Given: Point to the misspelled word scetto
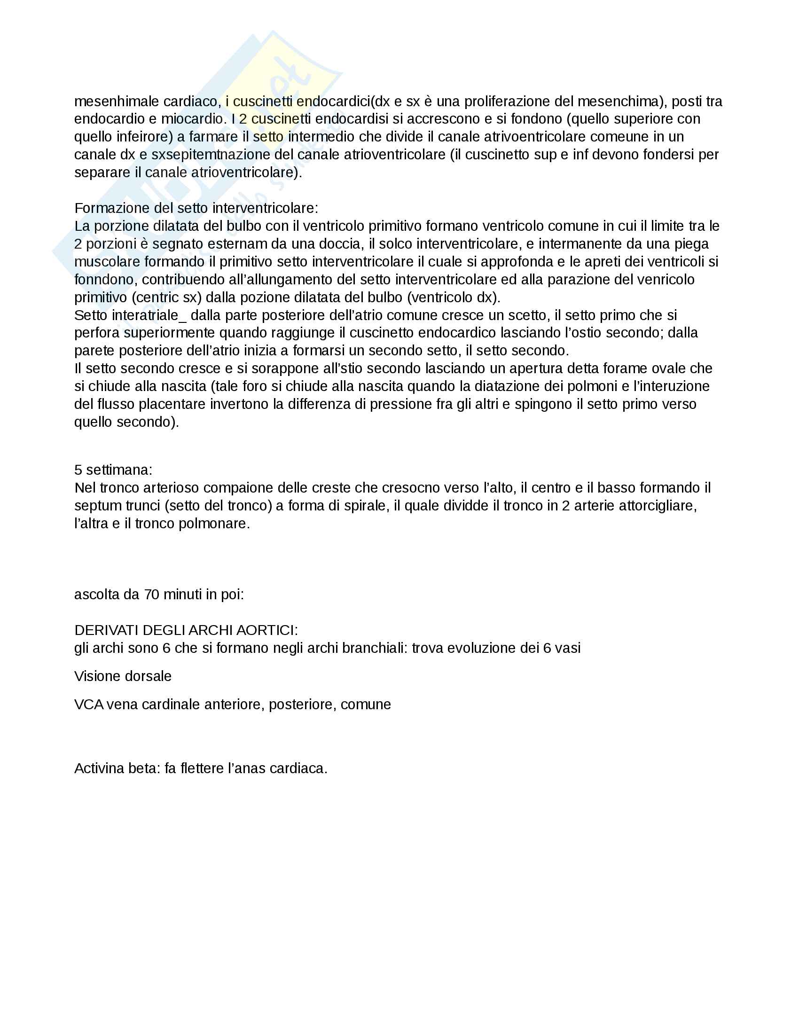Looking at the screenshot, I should (525, 315).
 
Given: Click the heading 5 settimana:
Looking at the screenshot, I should (113, 470).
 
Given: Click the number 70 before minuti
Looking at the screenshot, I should (151, 595).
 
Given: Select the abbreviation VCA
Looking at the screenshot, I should (88, 705).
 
